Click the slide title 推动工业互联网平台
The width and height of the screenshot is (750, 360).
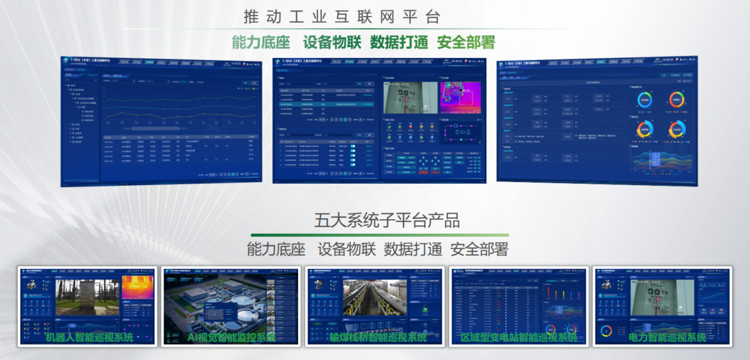coord(342,17)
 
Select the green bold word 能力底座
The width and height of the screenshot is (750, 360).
coord(260,43)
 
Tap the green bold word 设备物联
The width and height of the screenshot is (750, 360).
coord(332,43)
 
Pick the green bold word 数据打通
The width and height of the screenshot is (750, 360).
coord(399,43)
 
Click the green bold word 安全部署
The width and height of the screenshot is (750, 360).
coord(466,43)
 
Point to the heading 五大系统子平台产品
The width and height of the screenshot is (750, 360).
coord(387,221)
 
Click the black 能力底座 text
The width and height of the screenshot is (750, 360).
coord(276,249)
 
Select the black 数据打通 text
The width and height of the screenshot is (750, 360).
coord(412,249)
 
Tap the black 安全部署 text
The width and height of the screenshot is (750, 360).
coord(479,249)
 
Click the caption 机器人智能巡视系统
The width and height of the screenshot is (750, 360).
coord(89,337)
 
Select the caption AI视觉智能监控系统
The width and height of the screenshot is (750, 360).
coord(232,337)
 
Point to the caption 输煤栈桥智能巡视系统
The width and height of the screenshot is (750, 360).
coord(378,337)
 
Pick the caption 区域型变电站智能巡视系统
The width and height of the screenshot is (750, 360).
coord(519,337)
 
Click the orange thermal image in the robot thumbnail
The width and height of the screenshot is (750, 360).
coord(137,288)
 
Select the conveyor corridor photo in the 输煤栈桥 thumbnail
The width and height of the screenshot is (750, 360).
coord(374,297)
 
